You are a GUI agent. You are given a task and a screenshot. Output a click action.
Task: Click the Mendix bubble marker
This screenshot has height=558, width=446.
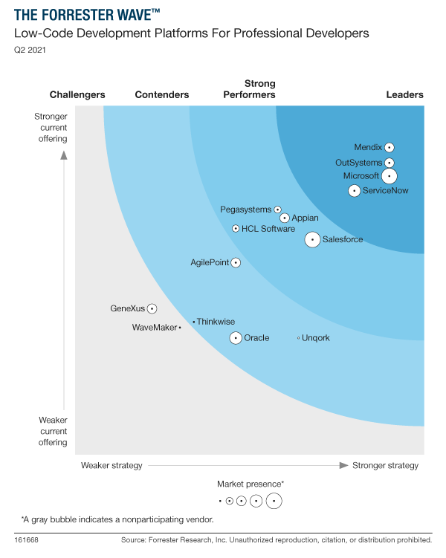390,148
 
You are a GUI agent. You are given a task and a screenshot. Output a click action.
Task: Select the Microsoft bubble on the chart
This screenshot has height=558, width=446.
390,176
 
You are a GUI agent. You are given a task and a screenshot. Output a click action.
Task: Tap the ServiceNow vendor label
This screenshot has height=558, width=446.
385,191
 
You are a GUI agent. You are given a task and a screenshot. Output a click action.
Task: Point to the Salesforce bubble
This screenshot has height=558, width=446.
313,239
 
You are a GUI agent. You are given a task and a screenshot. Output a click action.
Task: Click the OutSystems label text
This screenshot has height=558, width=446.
358,163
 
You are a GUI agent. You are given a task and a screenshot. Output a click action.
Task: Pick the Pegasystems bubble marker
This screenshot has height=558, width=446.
278,210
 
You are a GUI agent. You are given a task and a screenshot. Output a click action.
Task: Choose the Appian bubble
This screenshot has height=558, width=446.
285,218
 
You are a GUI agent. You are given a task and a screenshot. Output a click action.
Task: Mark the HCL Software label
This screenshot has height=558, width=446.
268,229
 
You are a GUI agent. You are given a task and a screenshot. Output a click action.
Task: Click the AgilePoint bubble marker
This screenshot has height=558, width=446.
236,262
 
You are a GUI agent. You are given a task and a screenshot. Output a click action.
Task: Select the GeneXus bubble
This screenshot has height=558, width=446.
152,308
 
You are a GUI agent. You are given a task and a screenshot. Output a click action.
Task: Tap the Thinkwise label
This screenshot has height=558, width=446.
216,322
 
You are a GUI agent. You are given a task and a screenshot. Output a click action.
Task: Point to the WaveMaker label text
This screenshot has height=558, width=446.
154,328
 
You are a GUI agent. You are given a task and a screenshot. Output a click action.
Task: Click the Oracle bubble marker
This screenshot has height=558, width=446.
236,338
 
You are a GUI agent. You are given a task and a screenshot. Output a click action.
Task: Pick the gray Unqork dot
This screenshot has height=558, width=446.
299,338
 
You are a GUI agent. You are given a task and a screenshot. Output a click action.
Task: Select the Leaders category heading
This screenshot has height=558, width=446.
404,94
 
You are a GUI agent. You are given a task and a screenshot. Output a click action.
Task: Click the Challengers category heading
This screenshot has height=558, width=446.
77,94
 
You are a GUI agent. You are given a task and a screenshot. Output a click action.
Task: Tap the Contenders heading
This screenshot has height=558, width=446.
162,94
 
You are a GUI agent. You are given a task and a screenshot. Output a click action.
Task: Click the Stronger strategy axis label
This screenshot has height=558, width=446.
385,466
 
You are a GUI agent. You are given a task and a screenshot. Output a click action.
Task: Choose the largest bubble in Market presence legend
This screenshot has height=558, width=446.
274,502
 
